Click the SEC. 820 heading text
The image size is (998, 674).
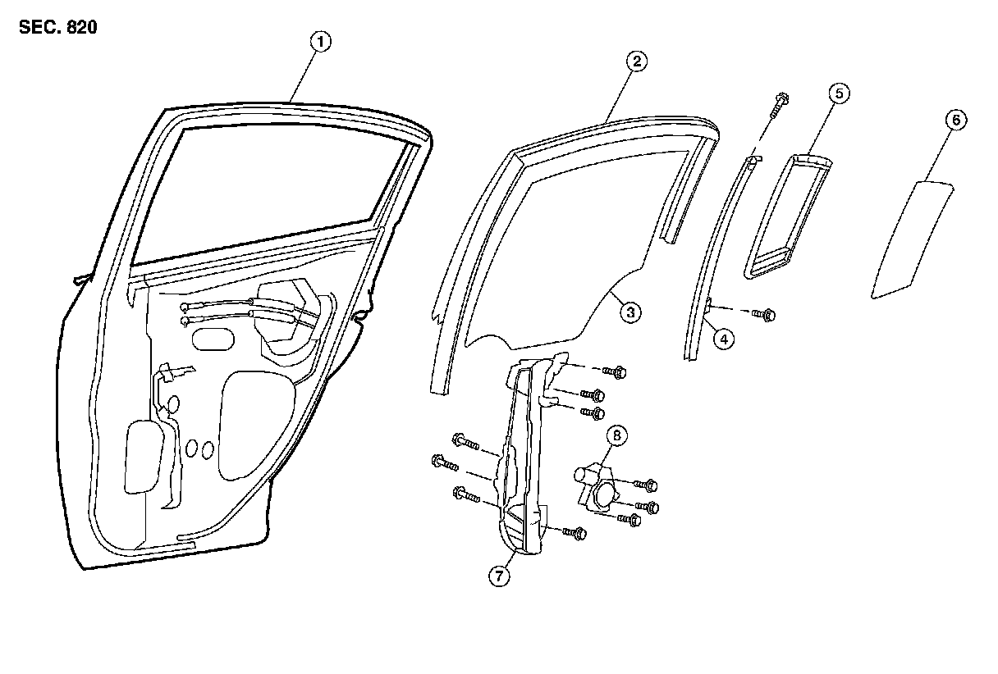coord(57,27)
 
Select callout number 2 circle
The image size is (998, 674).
coord(636,61)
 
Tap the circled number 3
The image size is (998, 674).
coord(629,312)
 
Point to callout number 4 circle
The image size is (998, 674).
coord(722,337)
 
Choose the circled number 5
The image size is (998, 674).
coord(837,93)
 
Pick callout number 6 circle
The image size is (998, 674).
coord(955,120)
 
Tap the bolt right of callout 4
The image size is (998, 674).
coord(766,314)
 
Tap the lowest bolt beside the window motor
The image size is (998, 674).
coord(629,520)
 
